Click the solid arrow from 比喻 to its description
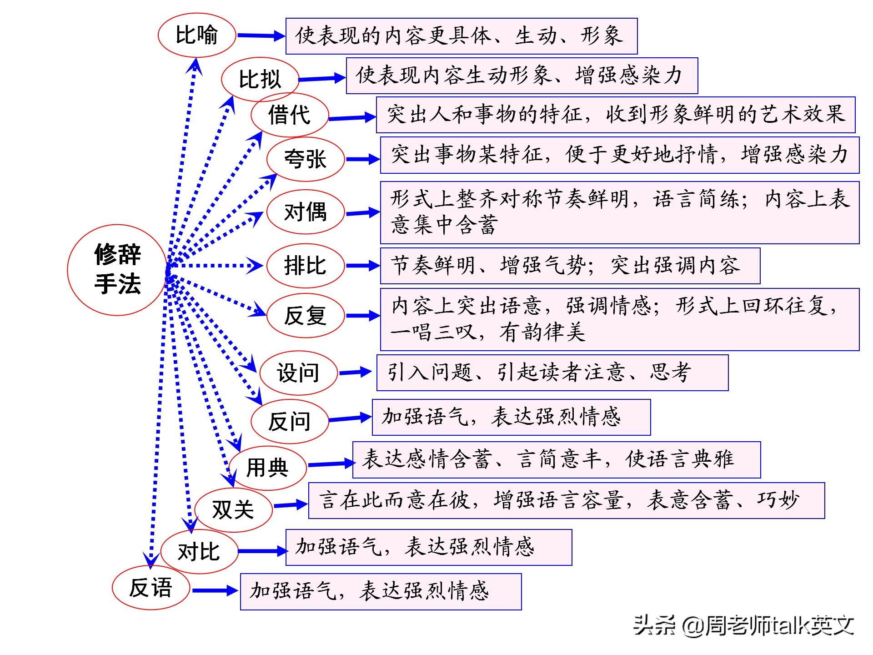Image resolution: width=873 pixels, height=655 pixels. [x=261, y=35]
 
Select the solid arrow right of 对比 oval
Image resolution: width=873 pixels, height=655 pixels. [x=262, y=551]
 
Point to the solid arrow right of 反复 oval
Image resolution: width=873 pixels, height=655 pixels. [x=362, y=315]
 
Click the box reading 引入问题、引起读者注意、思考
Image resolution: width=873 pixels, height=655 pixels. [x=552, y=373]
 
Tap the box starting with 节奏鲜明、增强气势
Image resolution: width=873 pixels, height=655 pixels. [x=570, y=266]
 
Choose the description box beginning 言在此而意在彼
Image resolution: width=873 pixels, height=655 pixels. [x=567, y=500]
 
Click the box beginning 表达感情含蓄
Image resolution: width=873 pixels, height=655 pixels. [x=557, y=459]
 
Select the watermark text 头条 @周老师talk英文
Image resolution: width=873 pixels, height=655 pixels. [x=744, y=625]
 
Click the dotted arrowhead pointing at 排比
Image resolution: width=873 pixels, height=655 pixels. [x=255, y=266]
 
